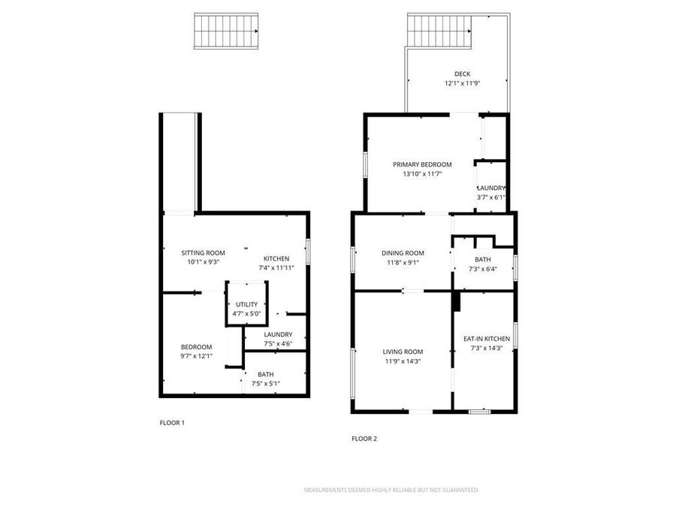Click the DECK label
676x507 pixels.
(x=462, y=74)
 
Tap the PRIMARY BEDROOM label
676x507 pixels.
(x=422, y=164)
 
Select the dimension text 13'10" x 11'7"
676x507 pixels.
(x=422, y=174)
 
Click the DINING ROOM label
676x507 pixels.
(x=403, y=253)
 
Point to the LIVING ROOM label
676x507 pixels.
(x=403, y=352)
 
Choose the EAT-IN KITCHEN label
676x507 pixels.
(x=486, y=339)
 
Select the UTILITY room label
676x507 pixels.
(x=246, y=304)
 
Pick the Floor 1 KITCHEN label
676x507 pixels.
(x=276, y=258)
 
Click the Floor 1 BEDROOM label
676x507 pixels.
(x=196, y=346)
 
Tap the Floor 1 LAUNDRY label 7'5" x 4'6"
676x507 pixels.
(x=277, y=335)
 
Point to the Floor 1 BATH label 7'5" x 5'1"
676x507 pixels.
(x=265, y=374)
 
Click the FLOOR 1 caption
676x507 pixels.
(x=172, y=423)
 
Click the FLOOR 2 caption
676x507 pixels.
(x=364, y=439)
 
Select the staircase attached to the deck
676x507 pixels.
(x=440, y=29)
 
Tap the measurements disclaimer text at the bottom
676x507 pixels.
(x=391, y=490)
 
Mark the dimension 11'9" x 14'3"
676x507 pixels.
(x=403, y=361)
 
